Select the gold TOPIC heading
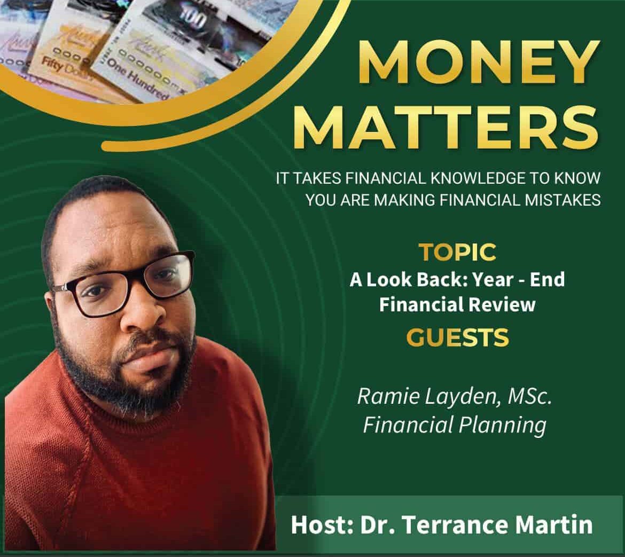click(x=458, y=252)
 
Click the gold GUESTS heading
click(x=458, y=338)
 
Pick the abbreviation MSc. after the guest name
click(x=530, y=396)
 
